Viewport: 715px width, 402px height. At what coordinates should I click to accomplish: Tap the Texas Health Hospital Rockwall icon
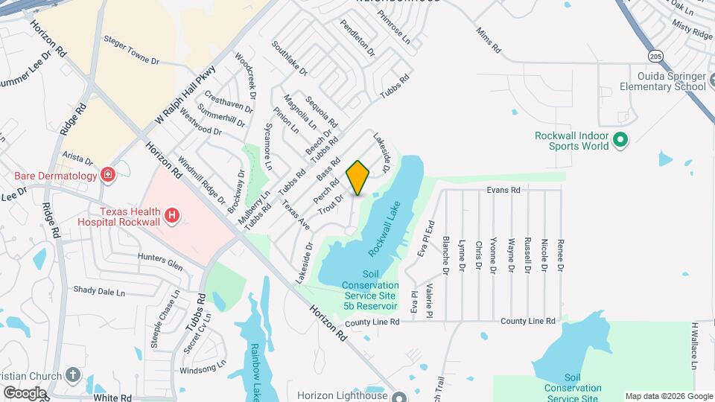172,216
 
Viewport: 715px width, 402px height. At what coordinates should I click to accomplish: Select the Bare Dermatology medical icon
109,176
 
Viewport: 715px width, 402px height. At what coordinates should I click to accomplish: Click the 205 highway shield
655,56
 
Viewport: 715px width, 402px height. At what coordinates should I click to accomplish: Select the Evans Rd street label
503,191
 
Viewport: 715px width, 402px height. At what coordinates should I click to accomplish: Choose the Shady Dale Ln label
98,290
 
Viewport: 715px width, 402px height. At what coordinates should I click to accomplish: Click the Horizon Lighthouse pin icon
401,396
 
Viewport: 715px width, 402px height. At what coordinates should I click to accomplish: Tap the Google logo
25,392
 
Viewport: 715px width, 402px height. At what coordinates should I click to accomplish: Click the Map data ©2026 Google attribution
667,396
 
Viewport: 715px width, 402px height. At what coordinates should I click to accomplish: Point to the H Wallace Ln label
693,345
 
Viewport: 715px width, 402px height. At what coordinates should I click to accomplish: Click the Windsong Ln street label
203,368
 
